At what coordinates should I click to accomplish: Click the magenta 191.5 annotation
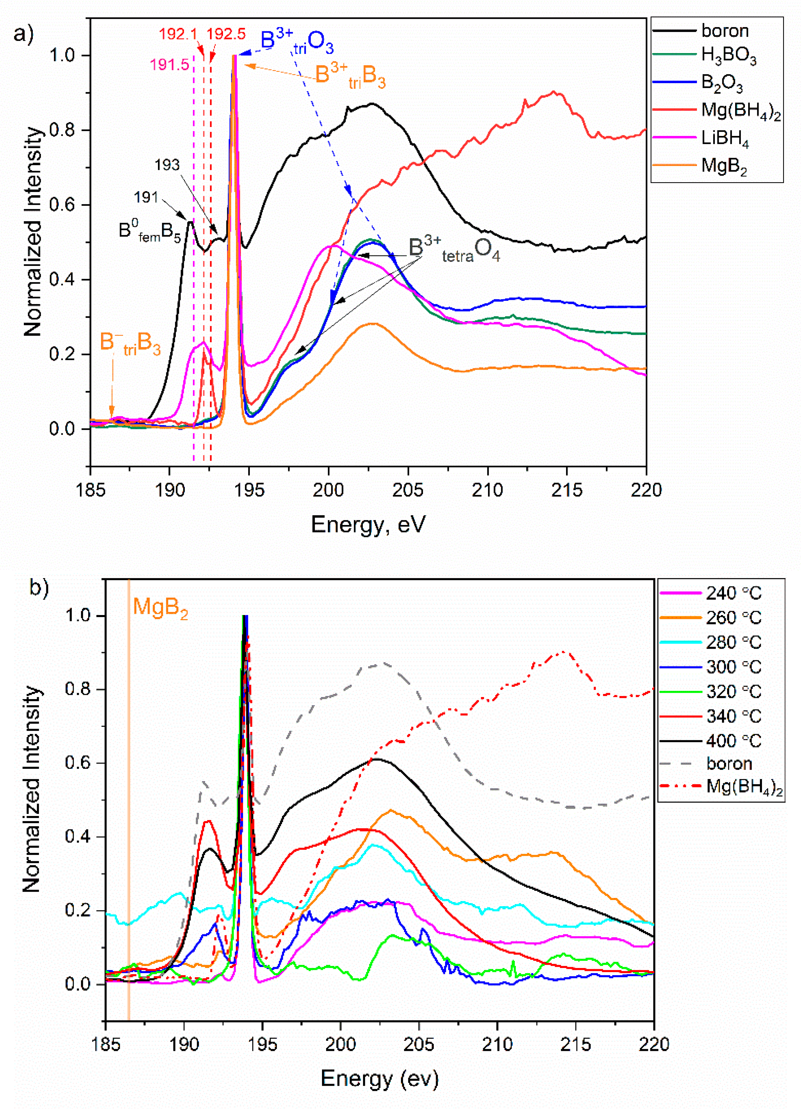tap(169, 65)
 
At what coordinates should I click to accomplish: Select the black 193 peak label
tap(167, 165)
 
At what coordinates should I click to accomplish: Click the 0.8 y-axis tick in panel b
tap(78, 690)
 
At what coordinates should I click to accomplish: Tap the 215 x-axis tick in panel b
tap(575, 1044)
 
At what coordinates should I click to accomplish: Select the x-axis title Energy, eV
tap(368, 525)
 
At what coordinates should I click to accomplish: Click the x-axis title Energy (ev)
tap(379, 1078)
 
